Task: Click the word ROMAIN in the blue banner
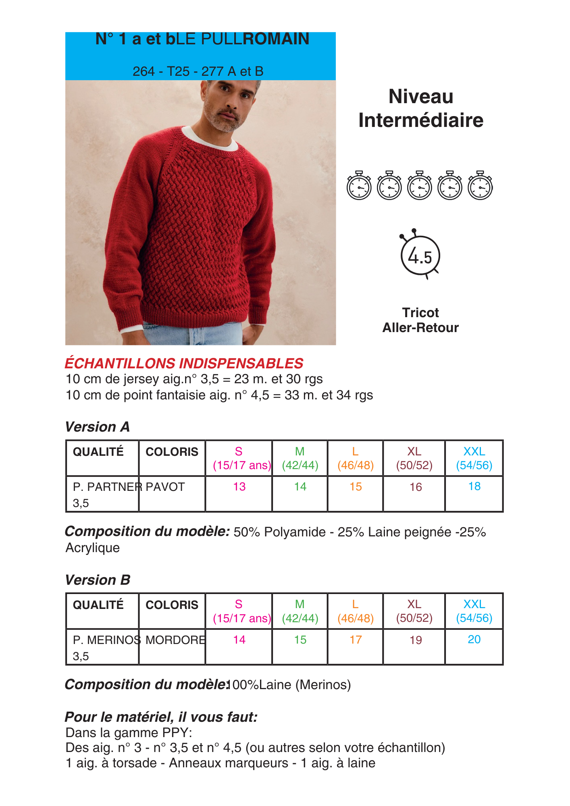pos(276,39)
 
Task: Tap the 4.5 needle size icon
pos(420,256)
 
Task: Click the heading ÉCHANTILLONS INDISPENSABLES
pos(184,364)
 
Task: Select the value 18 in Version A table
pos(474,486)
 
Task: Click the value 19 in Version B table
pos(415,640)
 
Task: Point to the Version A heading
pos(98,427)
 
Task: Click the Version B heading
pos(98,580)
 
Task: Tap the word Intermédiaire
pos(420,120)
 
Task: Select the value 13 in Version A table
pos(239,487)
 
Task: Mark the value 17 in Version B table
pos(355,640)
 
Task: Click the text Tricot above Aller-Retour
pos(420,313)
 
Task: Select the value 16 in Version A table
pos(415,487)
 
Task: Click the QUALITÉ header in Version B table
pos(98,605)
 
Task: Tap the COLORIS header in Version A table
pos(172,452)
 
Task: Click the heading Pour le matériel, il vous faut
pos(161,717)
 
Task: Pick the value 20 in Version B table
pos(474,640)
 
